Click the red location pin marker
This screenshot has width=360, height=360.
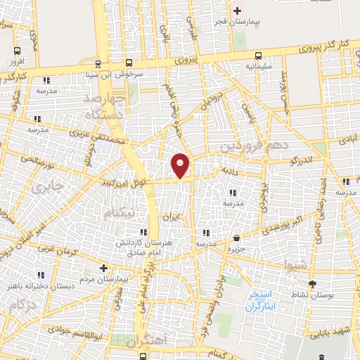coord(181,166)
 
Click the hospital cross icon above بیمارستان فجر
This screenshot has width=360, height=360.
coord(238,11)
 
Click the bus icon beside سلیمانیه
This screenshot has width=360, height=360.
coord(259,56)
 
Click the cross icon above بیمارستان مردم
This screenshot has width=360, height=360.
coord(103,268)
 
